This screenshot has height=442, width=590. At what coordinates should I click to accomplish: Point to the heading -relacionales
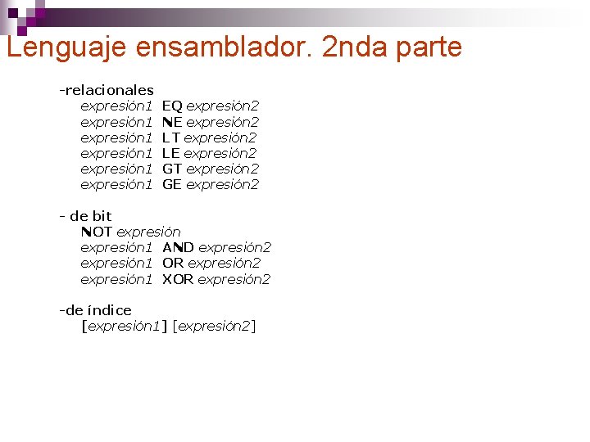[106, 89]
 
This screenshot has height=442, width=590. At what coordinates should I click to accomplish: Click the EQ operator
[172, 106]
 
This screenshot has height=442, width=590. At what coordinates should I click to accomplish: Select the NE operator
[172, 122]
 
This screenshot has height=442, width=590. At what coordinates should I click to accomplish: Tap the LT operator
[171, 138]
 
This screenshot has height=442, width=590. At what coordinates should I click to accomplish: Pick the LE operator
[171, 153]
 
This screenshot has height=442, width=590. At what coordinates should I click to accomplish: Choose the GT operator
[172, 169]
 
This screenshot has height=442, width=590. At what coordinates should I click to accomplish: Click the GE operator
[172, 184]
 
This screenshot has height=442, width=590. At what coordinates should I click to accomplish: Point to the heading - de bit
[85, 216]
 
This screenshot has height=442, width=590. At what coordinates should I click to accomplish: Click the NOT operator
[97, 232]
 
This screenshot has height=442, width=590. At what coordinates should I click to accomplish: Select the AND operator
[178, 247]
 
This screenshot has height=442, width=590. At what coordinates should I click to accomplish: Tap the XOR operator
[178, 279]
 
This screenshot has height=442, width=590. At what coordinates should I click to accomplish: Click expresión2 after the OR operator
[224, 263]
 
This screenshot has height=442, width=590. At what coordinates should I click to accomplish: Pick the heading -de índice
[95, 310]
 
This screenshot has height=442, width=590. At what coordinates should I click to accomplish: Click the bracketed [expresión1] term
[124, 327]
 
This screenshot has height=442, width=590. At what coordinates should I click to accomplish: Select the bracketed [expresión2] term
[215, 327]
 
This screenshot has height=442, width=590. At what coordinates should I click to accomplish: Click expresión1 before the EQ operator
[116, 106]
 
